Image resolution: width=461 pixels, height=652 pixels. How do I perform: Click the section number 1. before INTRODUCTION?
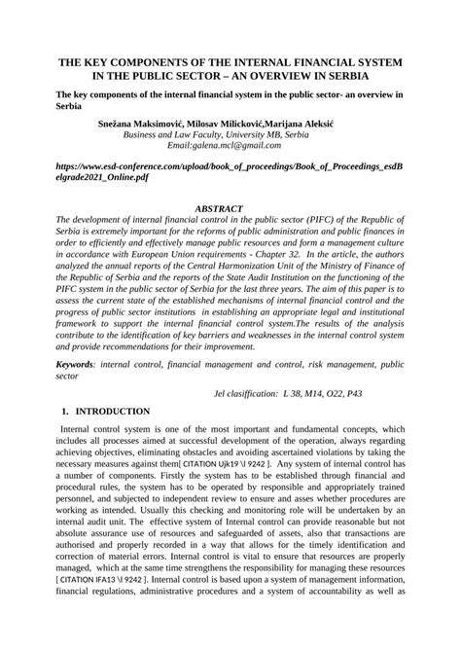[x=65, y=412]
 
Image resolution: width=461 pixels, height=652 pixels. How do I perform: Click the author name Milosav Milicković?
[x=223, y=125]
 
